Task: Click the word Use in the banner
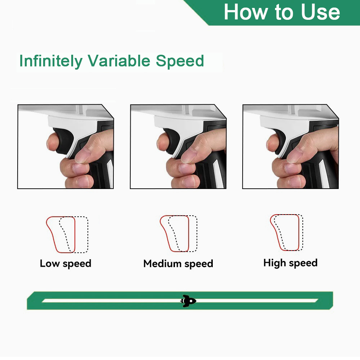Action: click(x=320, y=12)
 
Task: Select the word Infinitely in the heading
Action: click(x=51, y=61)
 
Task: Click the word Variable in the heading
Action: click(x=119, y=61)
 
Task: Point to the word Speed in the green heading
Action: click(x=180, y=61)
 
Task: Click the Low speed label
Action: click(x=66, y=264)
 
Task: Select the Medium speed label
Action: click(x=178, y=264)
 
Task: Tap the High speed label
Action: click(x=291, y=263)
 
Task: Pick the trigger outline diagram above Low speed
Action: click(x=67, y=234)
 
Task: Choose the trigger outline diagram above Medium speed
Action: click(x=179, y=234)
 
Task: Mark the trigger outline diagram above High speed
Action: click(x=287, y=232)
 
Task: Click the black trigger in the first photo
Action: click(x=64, y=140)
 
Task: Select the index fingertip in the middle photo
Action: click(x=162, y=142)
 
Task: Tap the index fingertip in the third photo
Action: click(x=271, y=142)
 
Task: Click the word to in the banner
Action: click(x=284, y=12)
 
